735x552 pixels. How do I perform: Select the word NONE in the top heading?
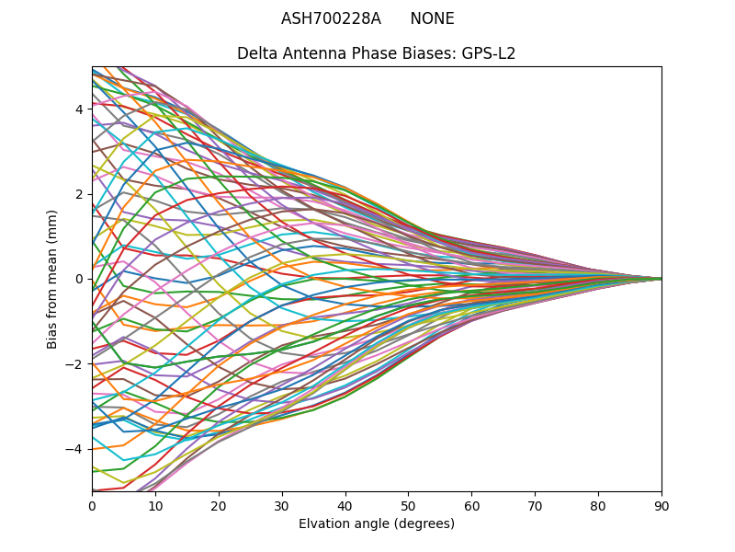point(432,18)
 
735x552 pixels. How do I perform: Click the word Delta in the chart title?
point(256,53)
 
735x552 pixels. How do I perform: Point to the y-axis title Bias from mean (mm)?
point(52,279)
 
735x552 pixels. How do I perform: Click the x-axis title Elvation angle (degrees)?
point(377,524)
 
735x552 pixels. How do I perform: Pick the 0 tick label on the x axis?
point(92,505)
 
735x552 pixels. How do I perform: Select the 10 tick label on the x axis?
point(155,505)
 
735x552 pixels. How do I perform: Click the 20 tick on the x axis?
point(219,505)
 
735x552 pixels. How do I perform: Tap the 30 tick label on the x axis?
point(282,505)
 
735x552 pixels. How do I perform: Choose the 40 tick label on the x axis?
point(345,505)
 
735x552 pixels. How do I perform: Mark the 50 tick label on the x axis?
point(408,505)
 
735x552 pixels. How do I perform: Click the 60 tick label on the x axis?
point(471,505)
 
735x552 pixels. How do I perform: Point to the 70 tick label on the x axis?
point(535,505)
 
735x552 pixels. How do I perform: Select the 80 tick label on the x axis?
point(598,505)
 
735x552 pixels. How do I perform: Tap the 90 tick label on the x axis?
point(661,505)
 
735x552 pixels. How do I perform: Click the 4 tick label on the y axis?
point(79,109)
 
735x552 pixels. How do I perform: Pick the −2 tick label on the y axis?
point(75,364)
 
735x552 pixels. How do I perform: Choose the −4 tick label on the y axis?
point(75,449)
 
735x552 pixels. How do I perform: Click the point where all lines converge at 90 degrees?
point(661,279)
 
